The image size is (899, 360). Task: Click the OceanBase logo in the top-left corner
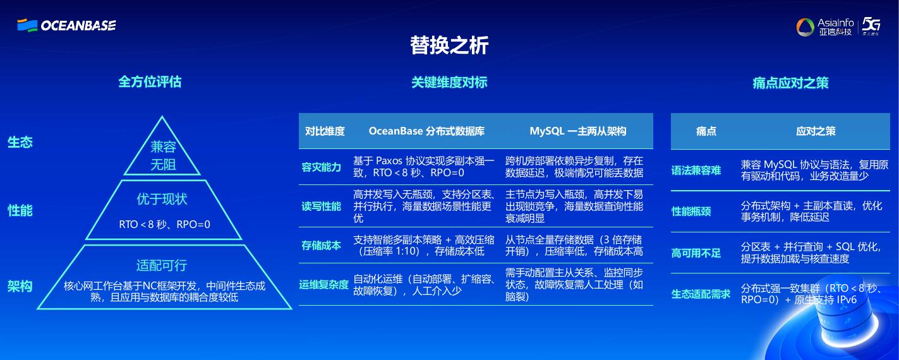[66, 25]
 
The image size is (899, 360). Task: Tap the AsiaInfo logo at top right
[825, 27]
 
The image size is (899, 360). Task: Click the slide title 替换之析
[449, 45]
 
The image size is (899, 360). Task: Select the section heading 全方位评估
[150, 81]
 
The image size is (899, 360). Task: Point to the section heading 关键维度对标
[449, 82]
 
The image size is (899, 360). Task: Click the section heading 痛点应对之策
[790, 83]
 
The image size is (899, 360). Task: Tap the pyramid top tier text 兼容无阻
[163, 156]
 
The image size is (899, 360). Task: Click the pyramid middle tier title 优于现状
[162, 199]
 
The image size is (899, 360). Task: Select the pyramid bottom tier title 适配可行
[162, 265]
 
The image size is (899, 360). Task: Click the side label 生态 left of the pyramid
[20, 142]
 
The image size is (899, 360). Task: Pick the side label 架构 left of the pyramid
[20, 286]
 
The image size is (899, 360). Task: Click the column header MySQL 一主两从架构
[577, 131]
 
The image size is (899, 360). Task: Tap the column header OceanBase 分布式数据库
[426, 131]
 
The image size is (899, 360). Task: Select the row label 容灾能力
[321, 167]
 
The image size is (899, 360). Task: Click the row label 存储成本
[321, 246]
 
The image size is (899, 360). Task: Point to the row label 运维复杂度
[323, 285]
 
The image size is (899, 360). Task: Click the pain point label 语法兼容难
[696, 171]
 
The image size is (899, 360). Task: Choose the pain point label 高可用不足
[696, 253]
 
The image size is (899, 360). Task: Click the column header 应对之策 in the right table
[816, 131]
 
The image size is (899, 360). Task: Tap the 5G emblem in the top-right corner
[872, 27]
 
